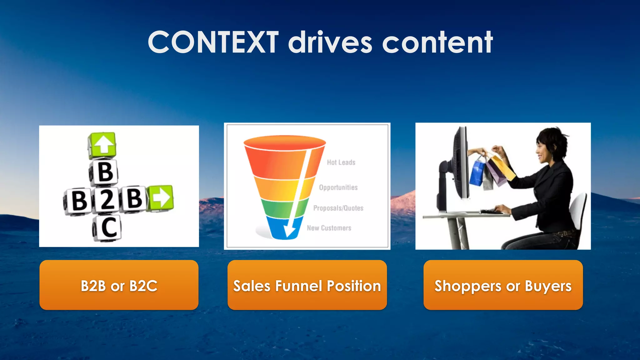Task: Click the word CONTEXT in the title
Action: coord(213,42)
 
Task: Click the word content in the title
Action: coord(437,42)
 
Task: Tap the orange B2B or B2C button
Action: coord(119,285)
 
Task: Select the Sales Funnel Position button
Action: coord(307,285)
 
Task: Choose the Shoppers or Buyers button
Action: coord(503,285)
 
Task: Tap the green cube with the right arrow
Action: coord(161,197)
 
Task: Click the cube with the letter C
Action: coord(108,227)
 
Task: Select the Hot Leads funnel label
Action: coord(341,162)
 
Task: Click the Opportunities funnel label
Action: coord(338,187)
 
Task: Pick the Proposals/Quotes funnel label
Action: coord(338,208)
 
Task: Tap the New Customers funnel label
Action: coord(329,228)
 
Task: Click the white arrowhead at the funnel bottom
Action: coord(289,232)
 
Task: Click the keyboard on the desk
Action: coord(492,212)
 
